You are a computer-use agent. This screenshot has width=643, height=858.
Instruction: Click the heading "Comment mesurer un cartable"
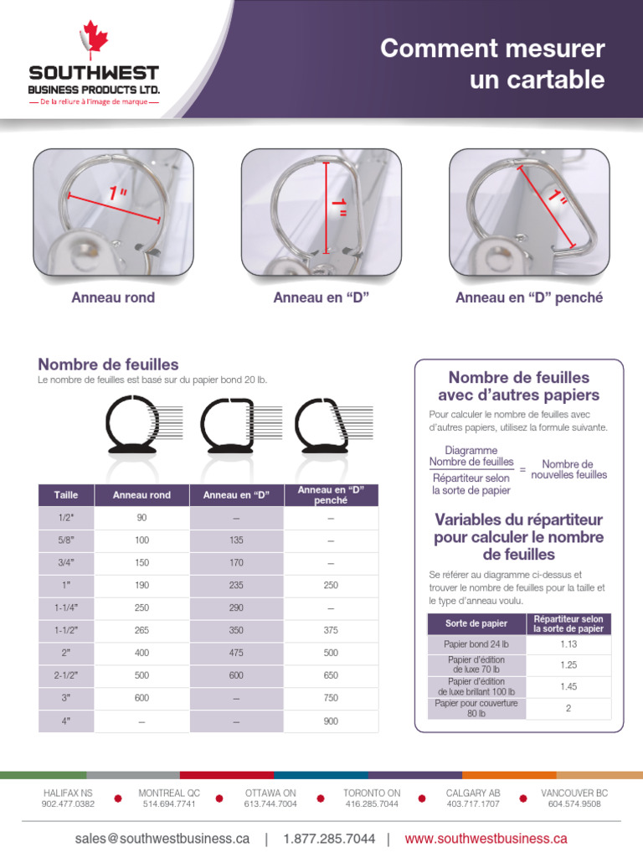[492, 65]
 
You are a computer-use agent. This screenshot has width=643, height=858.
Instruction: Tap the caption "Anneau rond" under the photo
[113, 297]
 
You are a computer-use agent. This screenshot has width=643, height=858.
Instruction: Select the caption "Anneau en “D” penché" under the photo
[529, 297]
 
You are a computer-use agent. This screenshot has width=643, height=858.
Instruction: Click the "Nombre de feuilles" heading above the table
[108, 364]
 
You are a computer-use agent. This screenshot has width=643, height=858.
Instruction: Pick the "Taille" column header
[66, 495]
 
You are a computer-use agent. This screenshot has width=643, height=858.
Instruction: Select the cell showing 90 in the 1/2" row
[141, 518]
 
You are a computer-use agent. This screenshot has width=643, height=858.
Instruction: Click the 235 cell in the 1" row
[236, 586]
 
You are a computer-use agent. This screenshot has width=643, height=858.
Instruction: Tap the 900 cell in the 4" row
[331, 721]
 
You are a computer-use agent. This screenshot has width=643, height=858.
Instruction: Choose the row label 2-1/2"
[66, 675]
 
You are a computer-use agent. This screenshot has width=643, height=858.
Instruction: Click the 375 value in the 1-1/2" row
[331, 631]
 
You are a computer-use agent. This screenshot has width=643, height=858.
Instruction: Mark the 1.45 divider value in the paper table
[568, 686]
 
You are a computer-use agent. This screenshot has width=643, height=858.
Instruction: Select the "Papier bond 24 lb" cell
[476, 644]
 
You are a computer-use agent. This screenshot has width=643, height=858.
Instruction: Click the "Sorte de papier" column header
[476, 623]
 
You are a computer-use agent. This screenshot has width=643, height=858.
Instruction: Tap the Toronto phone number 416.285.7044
[372, 804]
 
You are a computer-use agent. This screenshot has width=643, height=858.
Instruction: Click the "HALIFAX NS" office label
[68, 793]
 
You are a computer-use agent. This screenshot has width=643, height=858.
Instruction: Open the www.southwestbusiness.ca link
[486, 838]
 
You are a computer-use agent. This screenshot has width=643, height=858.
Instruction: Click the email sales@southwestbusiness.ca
[162, 838]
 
